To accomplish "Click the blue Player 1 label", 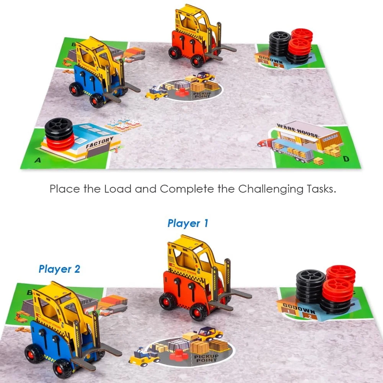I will coord(188,223).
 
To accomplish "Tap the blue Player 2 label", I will coord(59,269).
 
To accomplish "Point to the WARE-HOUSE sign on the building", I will coord(298,130).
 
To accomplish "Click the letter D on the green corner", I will coord(346,159).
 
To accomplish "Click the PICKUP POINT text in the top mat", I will coord(202,94).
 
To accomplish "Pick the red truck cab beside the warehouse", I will coord(264,143).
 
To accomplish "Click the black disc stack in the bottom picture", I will coord(310,287).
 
